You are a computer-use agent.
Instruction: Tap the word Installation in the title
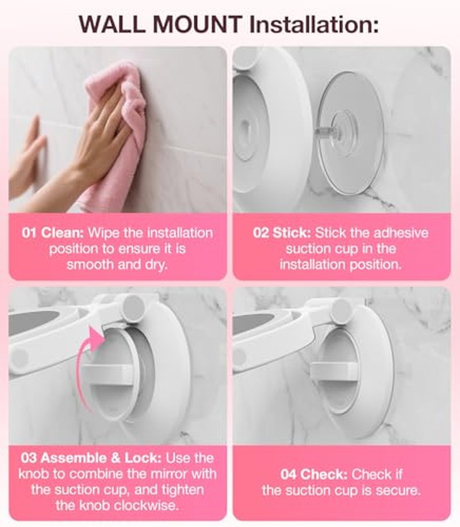coord(314,24)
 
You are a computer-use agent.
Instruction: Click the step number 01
coord(29,233)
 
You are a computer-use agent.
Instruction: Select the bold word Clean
coord(62,233)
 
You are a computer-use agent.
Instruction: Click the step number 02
coord(261,233)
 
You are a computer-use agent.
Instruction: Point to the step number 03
coord(29,458)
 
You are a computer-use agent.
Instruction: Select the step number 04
coord(289,474)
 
